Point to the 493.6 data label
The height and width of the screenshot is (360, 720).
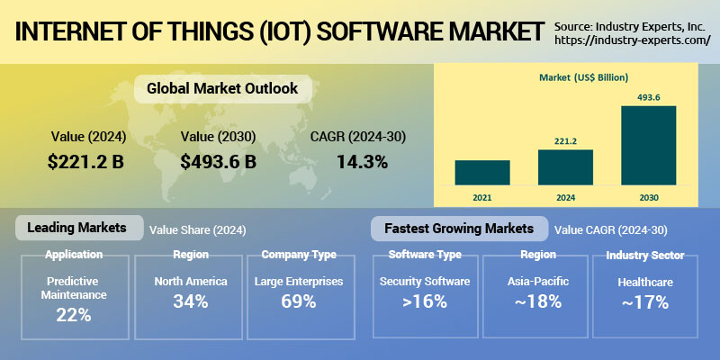tap(648, 97)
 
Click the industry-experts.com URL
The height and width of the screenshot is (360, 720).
tap(633, 40)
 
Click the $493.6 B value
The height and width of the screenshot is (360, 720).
tap(218, 162)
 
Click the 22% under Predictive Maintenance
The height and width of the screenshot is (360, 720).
tap(74, 315)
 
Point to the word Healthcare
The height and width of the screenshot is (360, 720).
tap(645, 282)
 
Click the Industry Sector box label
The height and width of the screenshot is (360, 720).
tap(645, 255)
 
